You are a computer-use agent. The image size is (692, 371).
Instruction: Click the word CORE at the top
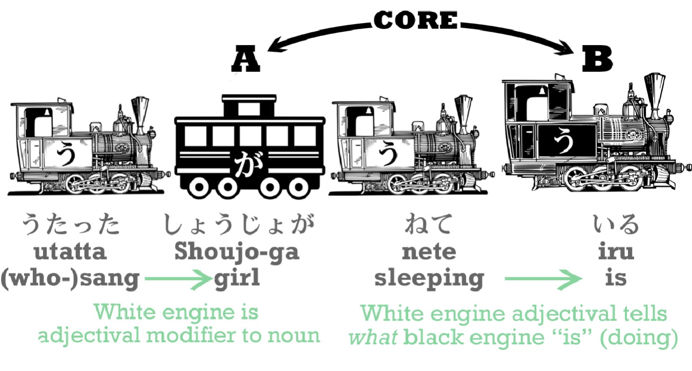coord(416,20)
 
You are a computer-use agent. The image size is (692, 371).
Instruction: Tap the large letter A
coord(246,58)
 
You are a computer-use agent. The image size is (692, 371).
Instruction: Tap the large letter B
coord(597,58)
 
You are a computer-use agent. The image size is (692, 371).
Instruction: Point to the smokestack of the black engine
coord(654,95)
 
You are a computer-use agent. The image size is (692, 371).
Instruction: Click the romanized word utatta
coord(70,252)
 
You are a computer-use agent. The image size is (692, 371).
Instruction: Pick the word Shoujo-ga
coord(237,252)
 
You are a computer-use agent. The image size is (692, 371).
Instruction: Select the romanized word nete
coord(429,252)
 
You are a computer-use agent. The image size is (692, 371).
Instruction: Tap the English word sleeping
coord(429,279)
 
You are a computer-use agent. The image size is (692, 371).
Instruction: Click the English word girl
coord(237,278)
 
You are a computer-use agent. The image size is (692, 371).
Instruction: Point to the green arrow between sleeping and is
coord(543,279)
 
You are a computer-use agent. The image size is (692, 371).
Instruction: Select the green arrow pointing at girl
coord(178,279)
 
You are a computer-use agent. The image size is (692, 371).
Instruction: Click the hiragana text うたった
coord(71,224)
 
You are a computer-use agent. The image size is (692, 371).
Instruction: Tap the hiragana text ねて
coord(429,224)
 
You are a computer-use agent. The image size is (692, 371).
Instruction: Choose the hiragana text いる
coord(616,224)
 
